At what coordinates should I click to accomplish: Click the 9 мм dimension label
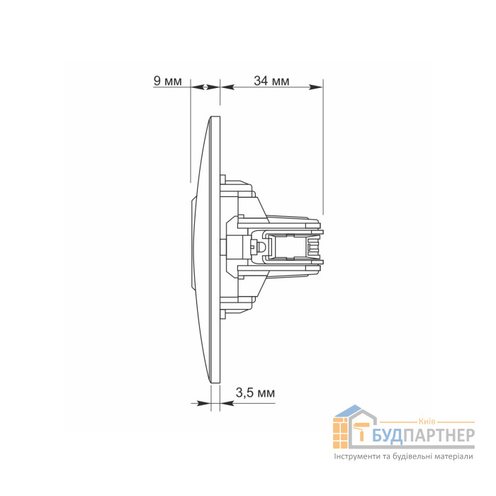[167, 81]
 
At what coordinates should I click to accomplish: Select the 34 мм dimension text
[271, 81]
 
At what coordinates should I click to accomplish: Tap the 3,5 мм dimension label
[255, 393]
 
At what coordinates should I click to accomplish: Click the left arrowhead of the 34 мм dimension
[227, 86]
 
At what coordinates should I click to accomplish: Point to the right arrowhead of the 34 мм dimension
[316, 86]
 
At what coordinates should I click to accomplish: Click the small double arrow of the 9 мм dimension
[205, 86]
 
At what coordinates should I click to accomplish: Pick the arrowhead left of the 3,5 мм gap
[204, 403]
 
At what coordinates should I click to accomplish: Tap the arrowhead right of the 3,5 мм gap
[227, 403]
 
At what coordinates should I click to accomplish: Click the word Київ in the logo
[427, 421]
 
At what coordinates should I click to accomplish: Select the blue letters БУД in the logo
[387, 436]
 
